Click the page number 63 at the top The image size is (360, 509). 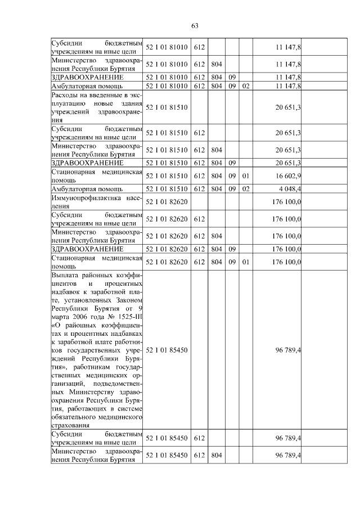195,26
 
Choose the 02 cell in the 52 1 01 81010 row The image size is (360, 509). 245,86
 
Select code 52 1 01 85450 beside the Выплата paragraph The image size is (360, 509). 167,350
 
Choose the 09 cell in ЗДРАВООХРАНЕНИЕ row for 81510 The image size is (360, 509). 231,163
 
